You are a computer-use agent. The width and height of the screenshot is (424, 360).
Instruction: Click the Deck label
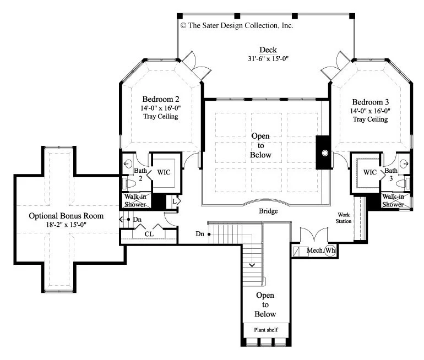pyautogui.click(x=268, y=50)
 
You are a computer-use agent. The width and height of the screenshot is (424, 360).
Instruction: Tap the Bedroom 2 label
pyautogui.click(x=161, y=99)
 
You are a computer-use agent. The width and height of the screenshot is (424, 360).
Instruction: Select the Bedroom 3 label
pyautogui.click(x=371, y=102)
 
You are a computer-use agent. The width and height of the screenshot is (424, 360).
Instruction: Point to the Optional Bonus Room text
pyautogui.click(x=66, y=216)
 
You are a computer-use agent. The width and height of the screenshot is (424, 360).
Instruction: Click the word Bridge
pyautogui.click(x=268, y=211)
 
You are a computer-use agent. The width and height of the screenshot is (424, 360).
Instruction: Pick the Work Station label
pyautogui.click(x=344, y=218)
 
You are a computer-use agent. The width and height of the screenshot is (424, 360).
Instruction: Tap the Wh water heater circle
pyautogui.click(x=330, y=250)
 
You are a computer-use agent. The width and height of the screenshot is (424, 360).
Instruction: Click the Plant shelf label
pyautogui.click(x=266, y=330)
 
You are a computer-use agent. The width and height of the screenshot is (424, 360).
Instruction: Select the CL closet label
pyautogui.click(x=149, y=234)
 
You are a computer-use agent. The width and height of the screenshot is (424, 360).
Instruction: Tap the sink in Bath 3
pyautogui.click(x=405, y=163)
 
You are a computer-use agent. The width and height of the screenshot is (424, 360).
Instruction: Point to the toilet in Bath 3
pyautogui.click(x=403, y=184)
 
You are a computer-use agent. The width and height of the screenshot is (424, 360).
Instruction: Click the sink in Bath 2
pyautogui.click(x=128, y=163)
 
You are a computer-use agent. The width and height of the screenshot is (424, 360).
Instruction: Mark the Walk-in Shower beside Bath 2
pyautogui.click(x=135, y=200)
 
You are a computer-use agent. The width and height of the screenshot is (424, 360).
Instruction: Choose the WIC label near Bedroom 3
pyautogui.click(x=370, y=172)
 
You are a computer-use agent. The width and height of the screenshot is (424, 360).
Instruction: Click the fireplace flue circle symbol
pyautogui.click(x=325, y=153)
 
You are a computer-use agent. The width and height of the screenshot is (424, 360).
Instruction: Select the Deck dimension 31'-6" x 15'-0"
pyautogui.click(x=268, y=59)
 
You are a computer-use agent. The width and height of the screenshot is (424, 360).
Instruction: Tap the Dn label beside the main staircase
pyautogui.click(x=200, y=234)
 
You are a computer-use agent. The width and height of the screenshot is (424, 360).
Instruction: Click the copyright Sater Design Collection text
pyautogui.click(x=237, y=26)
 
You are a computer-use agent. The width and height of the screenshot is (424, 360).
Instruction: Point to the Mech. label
pyautogui.click(x=315, y=250)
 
